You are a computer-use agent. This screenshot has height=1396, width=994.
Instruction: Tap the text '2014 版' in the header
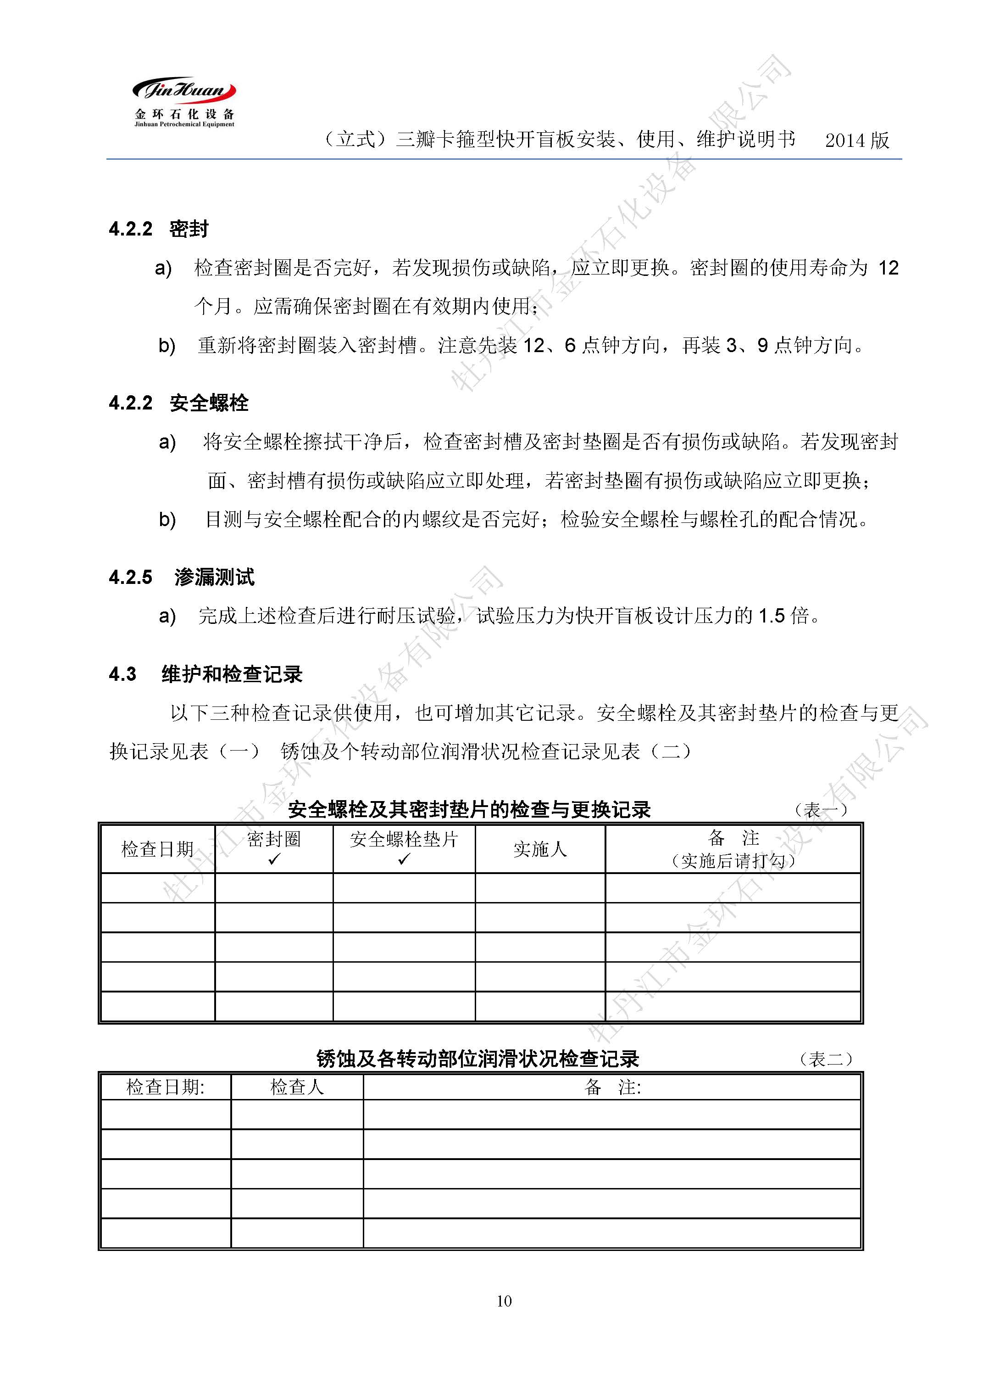(856, 140)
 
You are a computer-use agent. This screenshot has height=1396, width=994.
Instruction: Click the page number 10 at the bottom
(504, 1301)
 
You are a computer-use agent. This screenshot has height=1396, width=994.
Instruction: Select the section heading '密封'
(189, 229)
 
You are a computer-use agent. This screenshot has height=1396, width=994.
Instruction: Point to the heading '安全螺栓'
(209, 403)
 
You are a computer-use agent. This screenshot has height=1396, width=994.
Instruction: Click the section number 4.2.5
(130, 577)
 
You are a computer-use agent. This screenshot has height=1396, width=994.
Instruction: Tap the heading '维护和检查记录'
(232, 674)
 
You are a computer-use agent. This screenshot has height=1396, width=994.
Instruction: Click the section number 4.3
(122, 674)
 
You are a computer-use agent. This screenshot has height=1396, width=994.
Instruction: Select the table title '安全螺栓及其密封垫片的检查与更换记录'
(469, 810)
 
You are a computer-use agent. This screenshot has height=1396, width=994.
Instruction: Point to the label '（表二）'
(826, 1059)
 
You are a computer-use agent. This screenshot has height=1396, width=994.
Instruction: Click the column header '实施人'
(540, 849)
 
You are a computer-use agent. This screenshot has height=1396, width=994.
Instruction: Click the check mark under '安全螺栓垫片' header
(403, 859)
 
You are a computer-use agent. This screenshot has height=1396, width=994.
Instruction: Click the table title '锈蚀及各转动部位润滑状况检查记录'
(478, 1059)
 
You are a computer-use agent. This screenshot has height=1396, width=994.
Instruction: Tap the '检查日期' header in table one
(157, 849)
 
